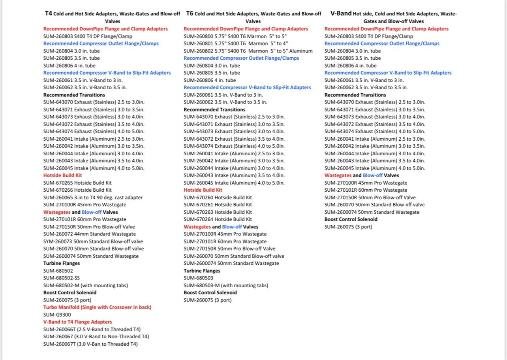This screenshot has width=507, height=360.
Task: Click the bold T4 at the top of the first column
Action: point(48,13)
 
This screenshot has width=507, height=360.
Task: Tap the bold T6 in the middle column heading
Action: point(190,13)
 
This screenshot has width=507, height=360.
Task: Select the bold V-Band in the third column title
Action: point(341,13)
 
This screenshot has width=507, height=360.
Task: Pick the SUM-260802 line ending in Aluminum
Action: point(248,51)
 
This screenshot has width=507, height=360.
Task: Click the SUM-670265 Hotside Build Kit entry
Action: point(77,183)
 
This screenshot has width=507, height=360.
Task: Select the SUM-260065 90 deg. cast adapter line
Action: point(93,197)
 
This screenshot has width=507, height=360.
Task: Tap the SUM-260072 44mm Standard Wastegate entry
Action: point(89,234)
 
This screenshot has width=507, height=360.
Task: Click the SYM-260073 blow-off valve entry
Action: point(93,241)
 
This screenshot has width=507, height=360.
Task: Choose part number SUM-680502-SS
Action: point(61,278)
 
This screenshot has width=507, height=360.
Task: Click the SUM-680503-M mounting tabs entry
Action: point(225,285)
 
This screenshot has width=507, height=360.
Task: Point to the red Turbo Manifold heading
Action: point(97,307)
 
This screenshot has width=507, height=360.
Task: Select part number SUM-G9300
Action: point(57,315)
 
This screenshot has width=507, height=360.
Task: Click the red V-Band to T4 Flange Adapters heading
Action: point(77,322)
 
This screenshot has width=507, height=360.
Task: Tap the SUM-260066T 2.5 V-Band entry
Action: point(92,329)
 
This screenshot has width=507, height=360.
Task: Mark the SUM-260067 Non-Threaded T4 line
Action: point(96,336)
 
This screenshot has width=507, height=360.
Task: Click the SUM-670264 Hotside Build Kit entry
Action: point(218,219)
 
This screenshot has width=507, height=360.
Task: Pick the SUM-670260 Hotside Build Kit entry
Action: point(218,197)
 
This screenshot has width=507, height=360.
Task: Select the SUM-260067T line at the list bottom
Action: point(90,344)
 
